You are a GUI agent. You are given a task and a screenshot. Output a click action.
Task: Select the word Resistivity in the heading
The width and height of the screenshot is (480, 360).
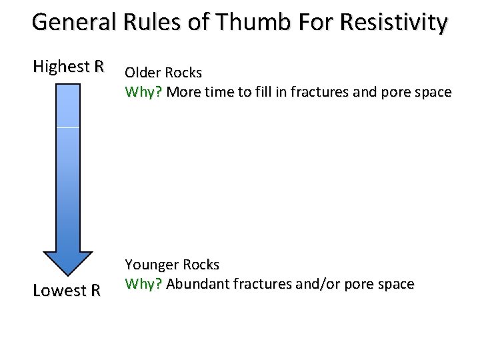click(393, 23)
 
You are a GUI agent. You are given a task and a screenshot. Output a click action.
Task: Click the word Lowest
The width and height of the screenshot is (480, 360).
click(59, 291)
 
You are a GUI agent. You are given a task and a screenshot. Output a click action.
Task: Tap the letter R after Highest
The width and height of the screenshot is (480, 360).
click(99, 67)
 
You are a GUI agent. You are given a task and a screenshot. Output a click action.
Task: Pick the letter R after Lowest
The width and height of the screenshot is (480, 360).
click(95, 291)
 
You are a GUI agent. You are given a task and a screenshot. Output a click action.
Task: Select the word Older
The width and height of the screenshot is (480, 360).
click(143, 73)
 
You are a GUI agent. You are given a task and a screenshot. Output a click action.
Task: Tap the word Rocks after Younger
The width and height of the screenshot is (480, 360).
click(201, 265)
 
